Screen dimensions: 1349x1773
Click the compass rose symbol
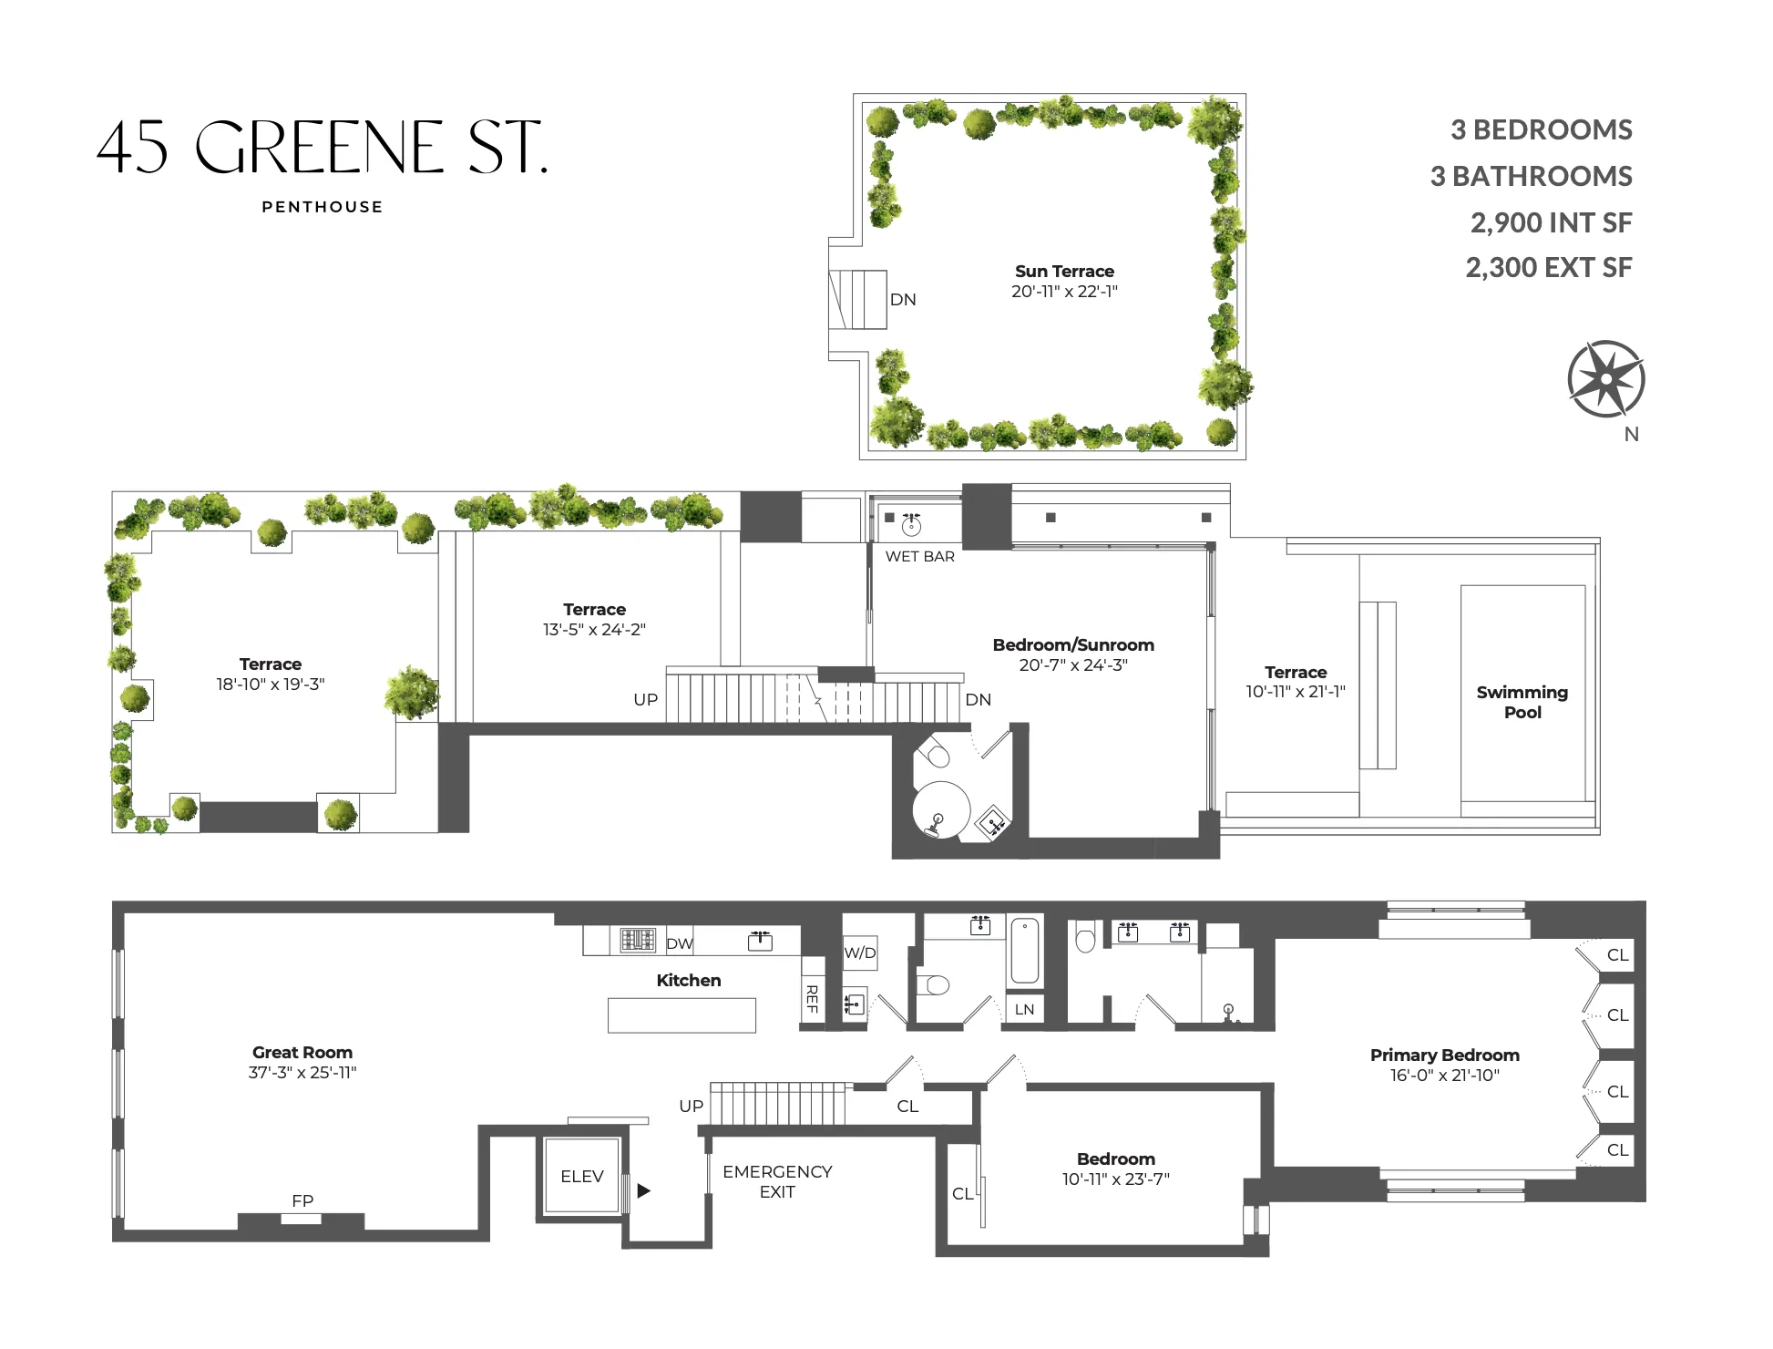pyautogui.click(x=1605, y=379)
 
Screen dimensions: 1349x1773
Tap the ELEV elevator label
pyautogui.click(x=582, y=1177)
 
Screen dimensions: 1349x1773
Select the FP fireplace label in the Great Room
pyautogui.click(x=302, y=1200)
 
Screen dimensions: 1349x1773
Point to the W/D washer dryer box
pyautogui.click(x=860, y=953)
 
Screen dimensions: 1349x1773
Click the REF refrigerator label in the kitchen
pyautogui.click(x=812, y=999)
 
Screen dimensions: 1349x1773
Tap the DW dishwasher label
pyautogui.click(x=679, y=943)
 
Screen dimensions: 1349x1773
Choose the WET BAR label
pyautogui.click(x=920, y=556)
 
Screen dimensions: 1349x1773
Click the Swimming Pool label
pyautogui.click(x=1522, y=702)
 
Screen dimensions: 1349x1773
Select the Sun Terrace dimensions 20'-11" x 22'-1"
pyautogui.click(x=1064, y=292)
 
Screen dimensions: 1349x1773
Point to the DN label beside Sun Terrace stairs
pyautogui.click(x=903, y=300)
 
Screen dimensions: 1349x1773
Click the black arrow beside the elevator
pyautogui.click(x=644, y=1190)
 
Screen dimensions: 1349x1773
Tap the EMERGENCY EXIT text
pyautogui.click(x=777, y=1181)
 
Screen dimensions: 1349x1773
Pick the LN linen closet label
pyautogui.click(x=1024, y=1009)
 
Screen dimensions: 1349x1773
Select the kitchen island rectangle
pyautogui.click(x=682, y=1015)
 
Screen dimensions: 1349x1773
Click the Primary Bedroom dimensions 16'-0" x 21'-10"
pyautogui.click(x=1444, y=1076)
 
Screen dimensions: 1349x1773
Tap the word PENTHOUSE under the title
pyautogui.click(x=323, y=207)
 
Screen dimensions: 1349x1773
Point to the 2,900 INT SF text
pyautogui.click(x=1551, y=222)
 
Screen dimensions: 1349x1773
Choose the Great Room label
pyautogui.click(x=302, y=1052)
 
